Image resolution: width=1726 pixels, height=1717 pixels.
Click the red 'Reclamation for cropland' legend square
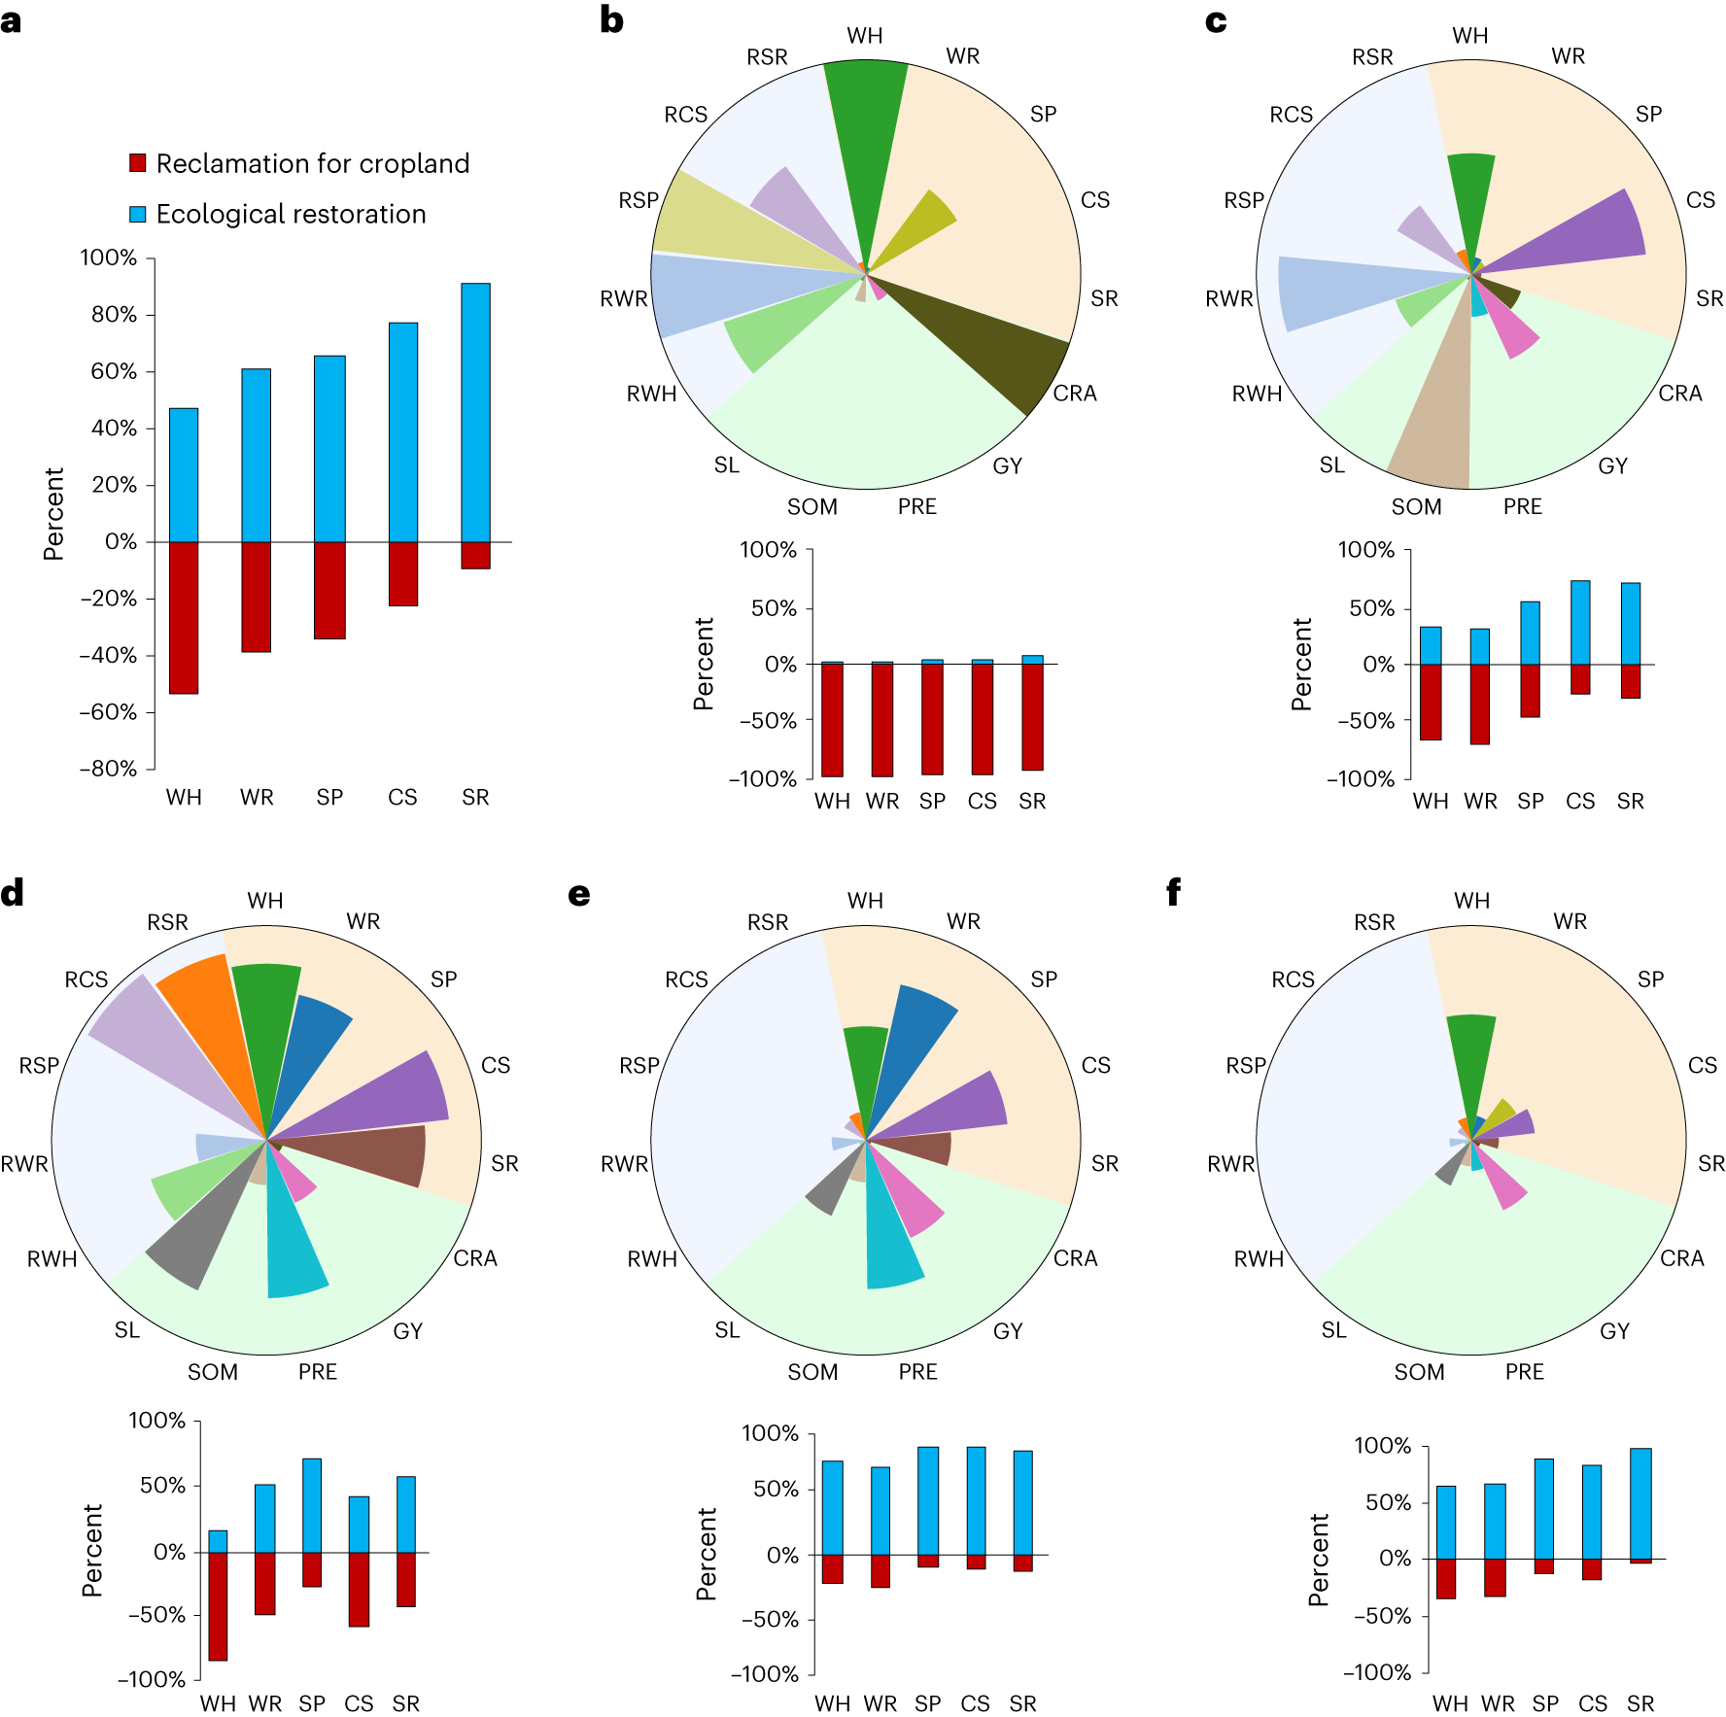(138, 163)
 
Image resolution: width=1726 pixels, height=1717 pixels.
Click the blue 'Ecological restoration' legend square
(138, 214)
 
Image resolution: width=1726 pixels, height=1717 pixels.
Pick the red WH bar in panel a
(184, 617)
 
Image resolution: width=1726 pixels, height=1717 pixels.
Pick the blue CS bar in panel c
(1580, 622)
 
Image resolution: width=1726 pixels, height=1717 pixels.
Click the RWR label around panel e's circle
(624, 1164)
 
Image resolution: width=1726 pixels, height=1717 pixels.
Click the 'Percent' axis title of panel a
(53, 513)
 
